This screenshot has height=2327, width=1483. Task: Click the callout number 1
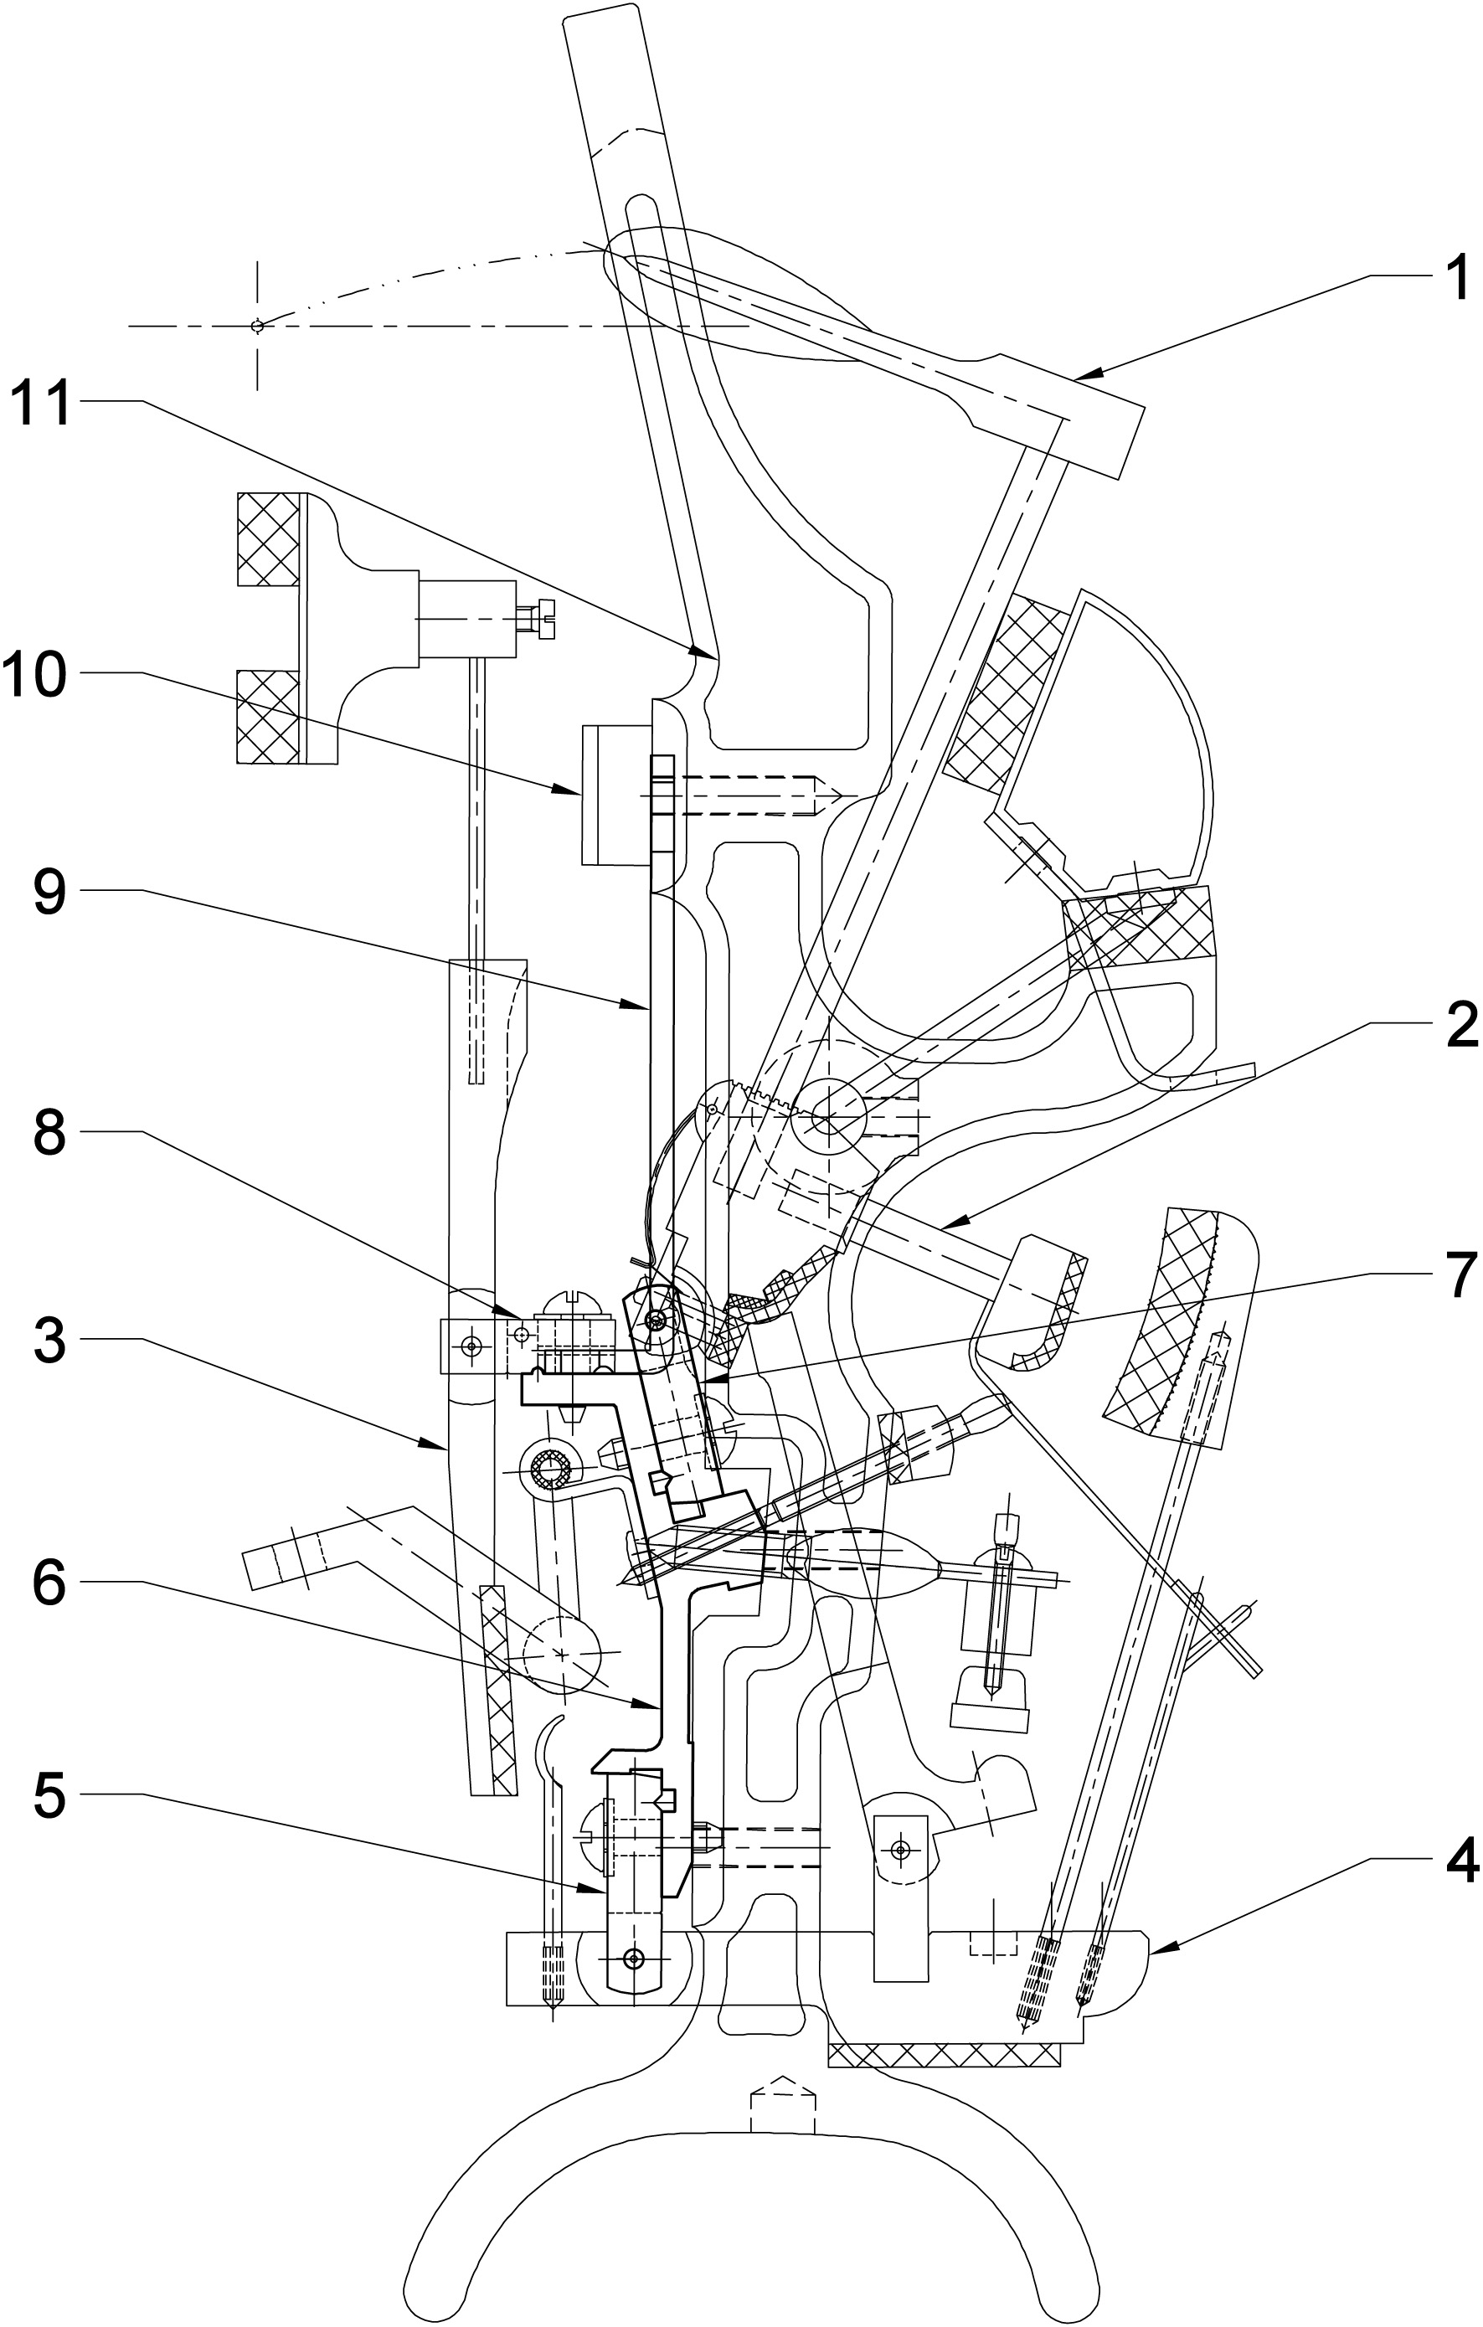click(x=1455, y=277)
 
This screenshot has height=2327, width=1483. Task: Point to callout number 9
click(x=49, y=892)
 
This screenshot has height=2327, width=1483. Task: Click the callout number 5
click(x=49, y=1795)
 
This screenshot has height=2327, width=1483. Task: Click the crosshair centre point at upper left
click(x=257, y=327)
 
